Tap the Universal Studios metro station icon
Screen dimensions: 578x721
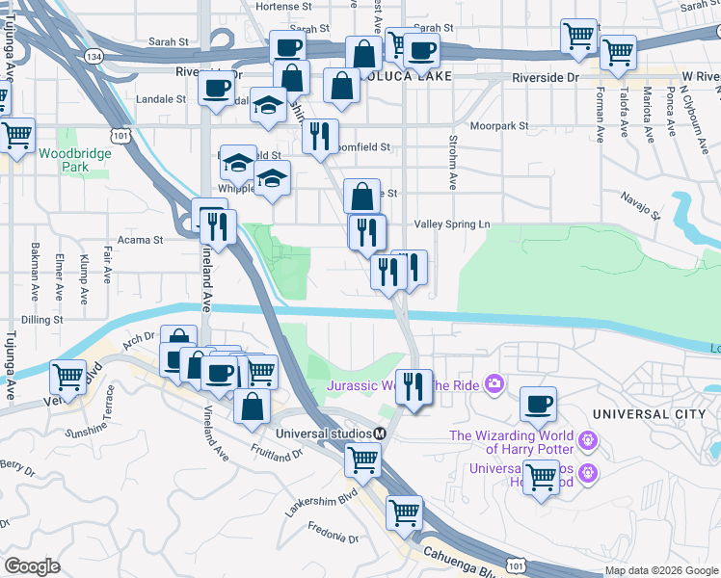381,433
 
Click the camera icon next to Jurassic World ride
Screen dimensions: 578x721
495,385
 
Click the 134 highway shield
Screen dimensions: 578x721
93,58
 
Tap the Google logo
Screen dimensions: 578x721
32,565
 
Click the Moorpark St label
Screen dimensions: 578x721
499,125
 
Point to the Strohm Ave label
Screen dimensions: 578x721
451,161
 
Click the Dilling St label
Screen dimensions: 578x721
38,319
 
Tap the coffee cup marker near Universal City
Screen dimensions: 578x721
538,402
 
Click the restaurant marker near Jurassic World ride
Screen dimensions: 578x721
414,385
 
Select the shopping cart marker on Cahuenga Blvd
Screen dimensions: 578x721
404,511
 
